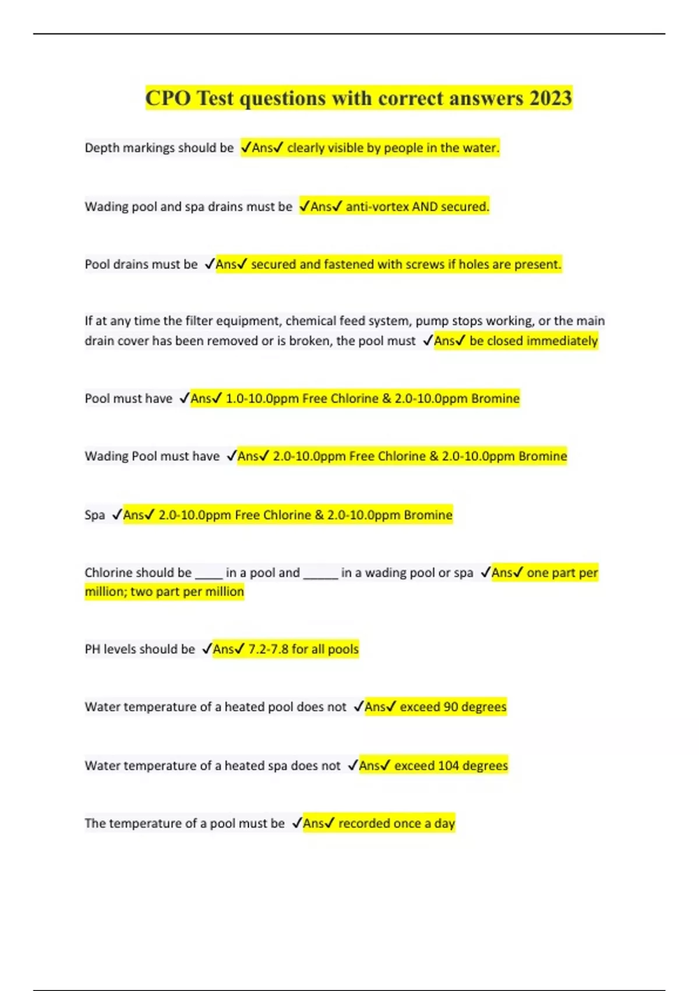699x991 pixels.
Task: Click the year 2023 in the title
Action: click(x=550, y=98)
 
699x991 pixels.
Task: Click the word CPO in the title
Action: click(x=168, y=98)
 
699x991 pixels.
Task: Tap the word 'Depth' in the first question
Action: click(x=100, y=148)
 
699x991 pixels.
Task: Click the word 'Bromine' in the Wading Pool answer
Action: click(x=542, y=456)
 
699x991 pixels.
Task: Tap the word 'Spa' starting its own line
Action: click(x=94, y=515)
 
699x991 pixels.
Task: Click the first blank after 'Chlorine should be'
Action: click(x=208, y=574)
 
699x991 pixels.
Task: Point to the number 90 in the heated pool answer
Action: click(x=450, y=707)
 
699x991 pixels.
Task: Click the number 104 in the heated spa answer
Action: click(x=448, y=765)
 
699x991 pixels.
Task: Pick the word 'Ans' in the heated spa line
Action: click(x=369, y=765)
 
